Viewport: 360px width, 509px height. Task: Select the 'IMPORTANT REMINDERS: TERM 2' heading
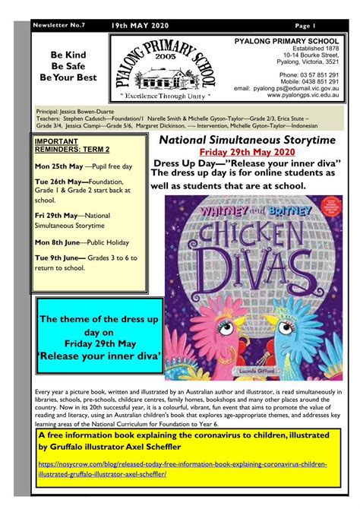pos(67,145)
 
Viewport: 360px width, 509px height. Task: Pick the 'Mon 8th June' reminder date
pos(59,242)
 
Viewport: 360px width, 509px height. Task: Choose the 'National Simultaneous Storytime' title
pos(257,141)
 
